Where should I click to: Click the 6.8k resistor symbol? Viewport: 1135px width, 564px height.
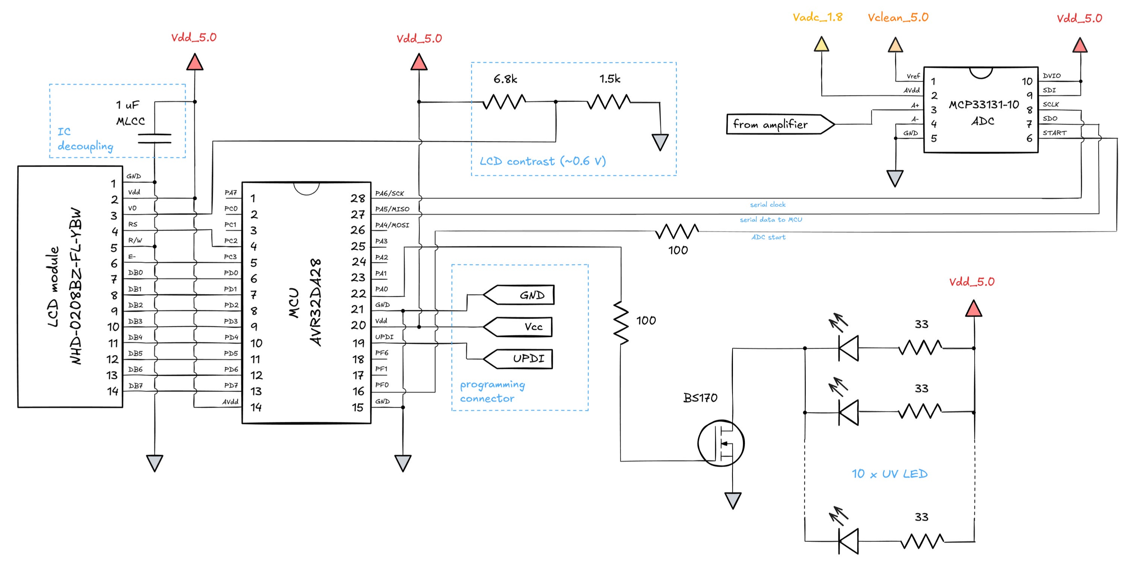pyautogui.click(x=504, y=102)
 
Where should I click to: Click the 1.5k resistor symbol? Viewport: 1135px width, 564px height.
pyautogui.click(x=608, y=102)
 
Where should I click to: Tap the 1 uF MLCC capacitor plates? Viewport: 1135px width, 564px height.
pyautogui.click(x=154, y=138)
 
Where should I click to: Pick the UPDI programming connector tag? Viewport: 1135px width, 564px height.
pyautogui.click(x=519, y=358)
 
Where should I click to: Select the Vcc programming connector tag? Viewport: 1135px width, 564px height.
pyautogui.click(x=519, y=327)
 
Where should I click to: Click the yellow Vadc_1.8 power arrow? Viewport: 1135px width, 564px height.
pyautogui.click(x=821, y=44)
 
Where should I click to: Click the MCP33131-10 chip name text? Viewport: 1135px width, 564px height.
pyautogui.click(x=984, y=105)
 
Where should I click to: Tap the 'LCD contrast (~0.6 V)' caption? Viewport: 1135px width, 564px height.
pyautogui.click(x=542, y=161)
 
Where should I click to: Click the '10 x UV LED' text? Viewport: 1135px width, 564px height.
pyautogui.click(x=889, y=474)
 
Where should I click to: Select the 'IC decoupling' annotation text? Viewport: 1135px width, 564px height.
pyautogui.click(x=85, y=139)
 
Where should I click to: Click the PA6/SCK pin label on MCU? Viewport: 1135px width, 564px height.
pyautogui.click(x=389, y=193)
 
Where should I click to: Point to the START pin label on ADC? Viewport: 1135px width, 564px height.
pyautogui.click(x=1054, y=133)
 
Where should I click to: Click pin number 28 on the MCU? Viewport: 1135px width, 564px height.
pyautogui.click(x=357, y=199)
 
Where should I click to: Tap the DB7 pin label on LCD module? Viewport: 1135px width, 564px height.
pyautogui.click(x=135, y=385)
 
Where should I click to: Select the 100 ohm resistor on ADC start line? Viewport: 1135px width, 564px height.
pyautogui.click(x=677, y=231)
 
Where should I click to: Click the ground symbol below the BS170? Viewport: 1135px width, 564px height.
pyautogui.click(x=733, y=500)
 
